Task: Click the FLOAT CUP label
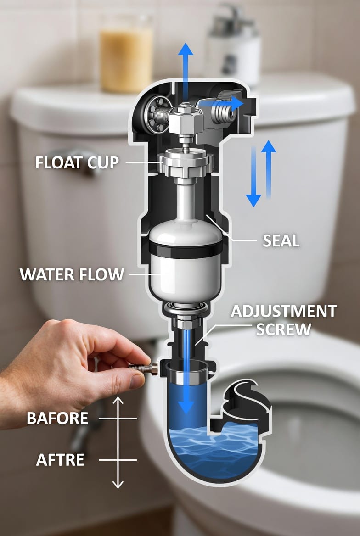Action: pos(77,163)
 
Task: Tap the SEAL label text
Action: pos(281,241)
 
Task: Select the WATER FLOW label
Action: pos(72,274)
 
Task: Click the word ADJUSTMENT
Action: pos(284,312)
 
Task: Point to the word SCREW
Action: pos(284,329)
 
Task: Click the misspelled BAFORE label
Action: pos(57,419)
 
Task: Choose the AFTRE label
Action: pos(60,460)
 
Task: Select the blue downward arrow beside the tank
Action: pos(253,177)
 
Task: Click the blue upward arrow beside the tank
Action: pos(269,169)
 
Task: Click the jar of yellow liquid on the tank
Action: pos(126,54)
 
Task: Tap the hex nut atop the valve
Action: pos(185,118)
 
